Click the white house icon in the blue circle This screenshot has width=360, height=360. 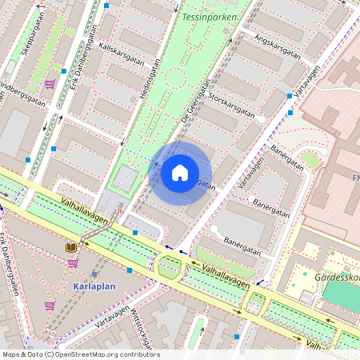pyautogui.click(x=180, y=172)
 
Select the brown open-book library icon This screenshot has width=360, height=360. pyautogui.click(x=71, y=247)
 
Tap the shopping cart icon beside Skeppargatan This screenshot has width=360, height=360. pyautogui.click(x=50, y=83)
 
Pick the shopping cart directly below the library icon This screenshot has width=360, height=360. pyautogui.click(x=73, y=262)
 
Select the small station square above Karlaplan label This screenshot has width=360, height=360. pyautogui.click(x=94, y=274)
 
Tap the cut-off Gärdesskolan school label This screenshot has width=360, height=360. pyautogui.click(x=336, y=269)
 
